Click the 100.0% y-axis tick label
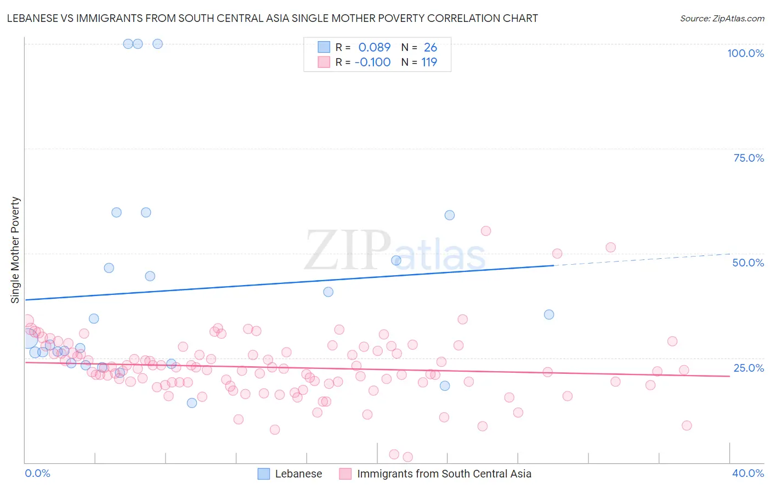(745, 53)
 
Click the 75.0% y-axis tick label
(749, 158)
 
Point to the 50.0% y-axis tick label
(748, 263)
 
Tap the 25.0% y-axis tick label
(749, 368)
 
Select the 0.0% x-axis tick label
(37, 473)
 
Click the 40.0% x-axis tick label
(748, 473)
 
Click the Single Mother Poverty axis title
(15, 250)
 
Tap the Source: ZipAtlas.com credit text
(722, 18)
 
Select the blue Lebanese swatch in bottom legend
(264, 474)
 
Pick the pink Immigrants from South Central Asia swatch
(345, 474)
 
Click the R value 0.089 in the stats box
(375, 47)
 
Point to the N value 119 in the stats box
(429, 62)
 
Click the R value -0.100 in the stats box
(373, 62)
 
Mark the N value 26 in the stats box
(430, 47)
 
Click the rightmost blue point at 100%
(157, 44)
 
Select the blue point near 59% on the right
(450, 215)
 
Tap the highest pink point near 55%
(486, 231)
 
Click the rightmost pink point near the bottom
(687, 425)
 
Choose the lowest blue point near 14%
(192, 403)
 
